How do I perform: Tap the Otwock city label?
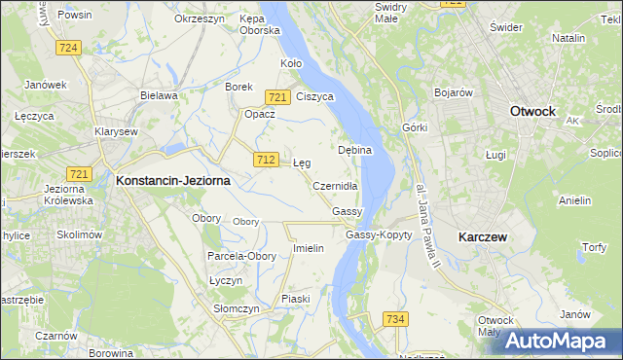532,111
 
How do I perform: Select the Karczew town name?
486,236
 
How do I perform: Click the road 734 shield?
395,319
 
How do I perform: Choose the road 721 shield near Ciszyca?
277,96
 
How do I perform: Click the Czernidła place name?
336,186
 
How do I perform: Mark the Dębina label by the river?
354,150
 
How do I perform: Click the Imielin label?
308,248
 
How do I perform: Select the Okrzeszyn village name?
199,18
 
